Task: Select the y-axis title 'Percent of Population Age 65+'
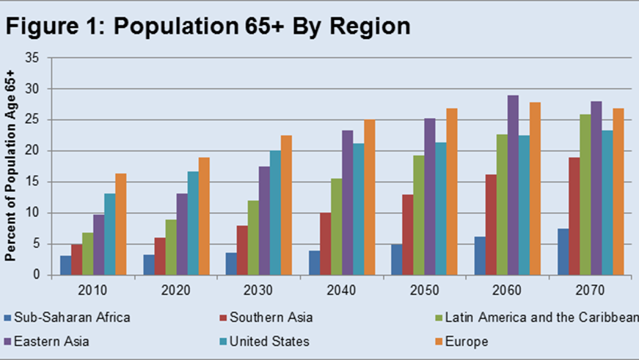coord(11,166)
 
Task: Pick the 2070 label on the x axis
coord(593,290)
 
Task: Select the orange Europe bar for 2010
coord(120,224)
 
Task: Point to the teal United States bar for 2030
coord(274,213)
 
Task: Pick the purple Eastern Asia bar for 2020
coord(180,234)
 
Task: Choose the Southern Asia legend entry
coord(269,317)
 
